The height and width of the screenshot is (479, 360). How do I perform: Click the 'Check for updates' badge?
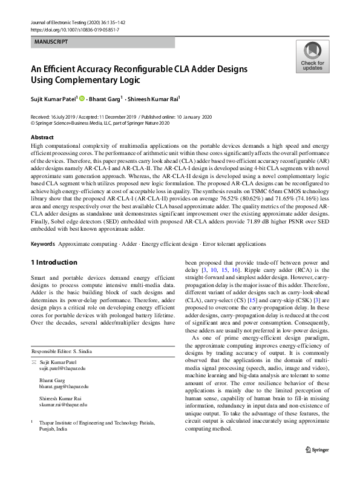pyautogui.click(x=312, y=58)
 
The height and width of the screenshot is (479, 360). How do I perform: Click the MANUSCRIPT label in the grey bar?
pyautogui.click(x=51, y=42)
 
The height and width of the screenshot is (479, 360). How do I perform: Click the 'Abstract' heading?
pyautogui.click(x=42, y=137)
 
